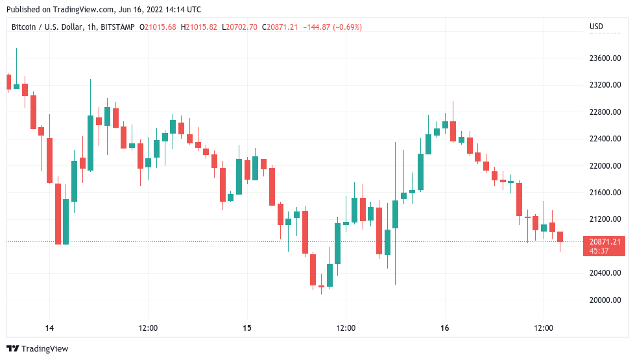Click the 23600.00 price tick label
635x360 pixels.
(604, 58)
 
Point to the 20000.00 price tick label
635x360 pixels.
(604, 300)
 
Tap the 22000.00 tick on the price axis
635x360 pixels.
(604, 165)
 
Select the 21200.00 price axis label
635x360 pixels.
(604, 219)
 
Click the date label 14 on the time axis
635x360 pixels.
(49, 328)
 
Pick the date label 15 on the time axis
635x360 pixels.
(247, 328)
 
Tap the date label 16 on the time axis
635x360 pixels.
(445, 328)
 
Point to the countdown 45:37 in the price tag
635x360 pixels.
(599, 250)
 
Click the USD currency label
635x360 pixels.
(596, 27)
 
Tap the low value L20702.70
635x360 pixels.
(239, 27)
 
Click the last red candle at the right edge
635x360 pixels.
(560, 237)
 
